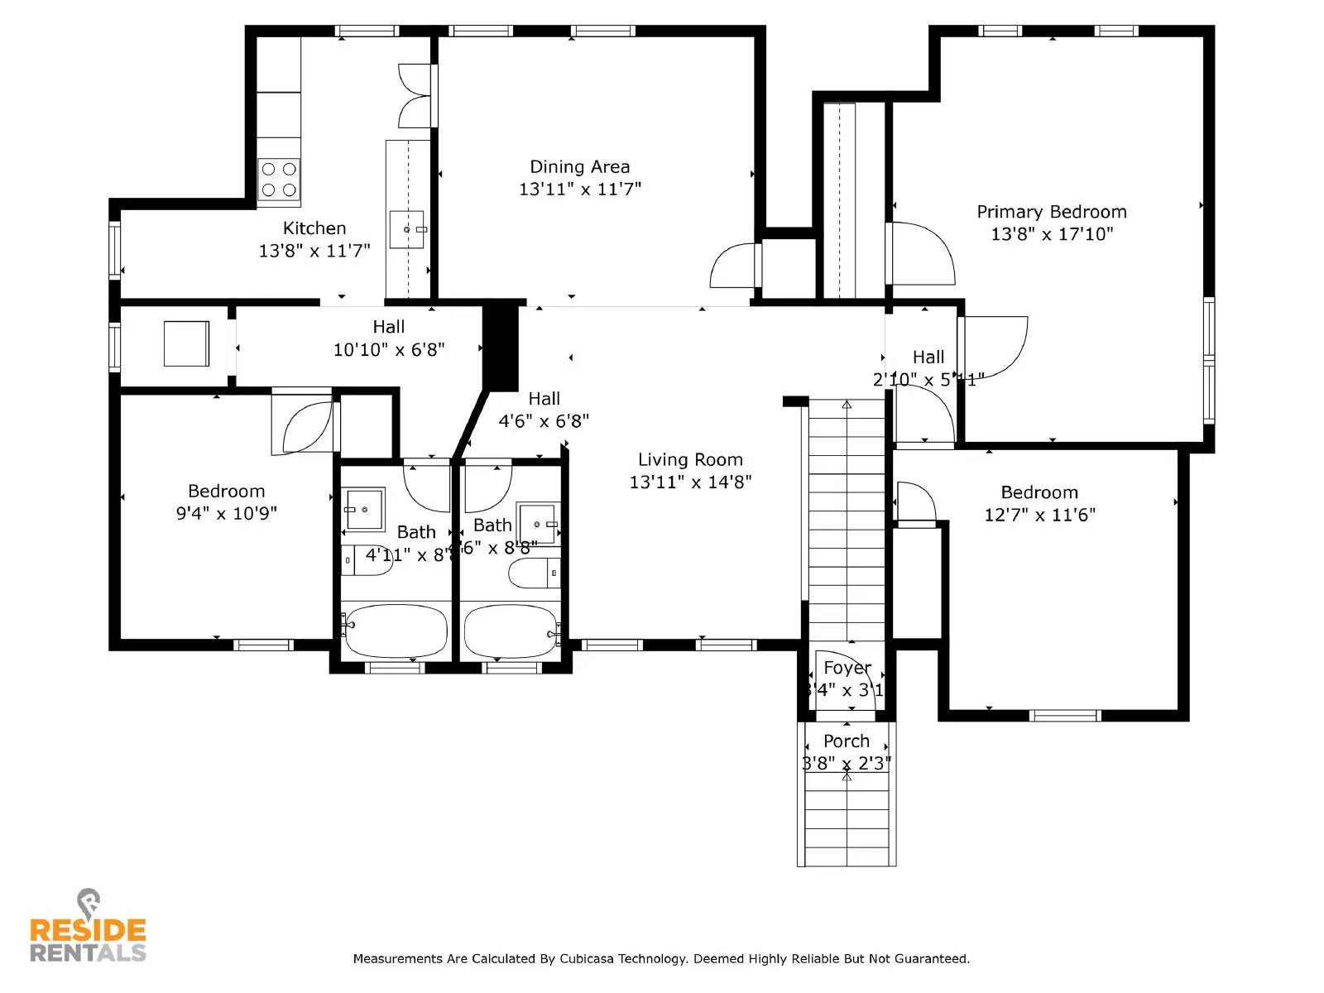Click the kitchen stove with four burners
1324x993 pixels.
(279, 180)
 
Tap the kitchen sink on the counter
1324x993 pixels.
(407, 229)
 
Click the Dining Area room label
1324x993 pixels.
(579, 167)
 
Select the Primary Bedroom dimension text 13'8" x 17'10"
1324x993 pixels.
(1052, 234)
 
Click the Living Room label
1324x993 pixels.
(690, 460)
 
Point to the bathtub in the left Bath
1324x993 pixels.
(396, 631)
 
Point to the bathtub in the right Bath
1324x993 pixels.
(510, 631)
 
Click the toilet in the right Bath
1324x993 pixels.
(534, 573)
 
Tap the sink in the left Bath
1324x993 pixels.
(365, 509)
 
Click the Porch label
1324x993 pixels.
(846, 741)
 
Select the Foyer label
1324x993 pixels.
(847, 668)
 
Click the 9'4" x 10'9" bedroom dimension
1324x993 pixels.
(226, 514)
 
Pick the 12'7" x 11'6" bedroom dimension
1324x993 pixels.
(1039, 515)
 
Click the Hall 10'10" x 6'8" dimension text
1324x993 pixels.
(389, 350)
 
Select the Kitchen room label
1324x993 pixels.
(314, 228)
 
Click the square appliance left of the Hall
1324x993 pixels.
(186, 343)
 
